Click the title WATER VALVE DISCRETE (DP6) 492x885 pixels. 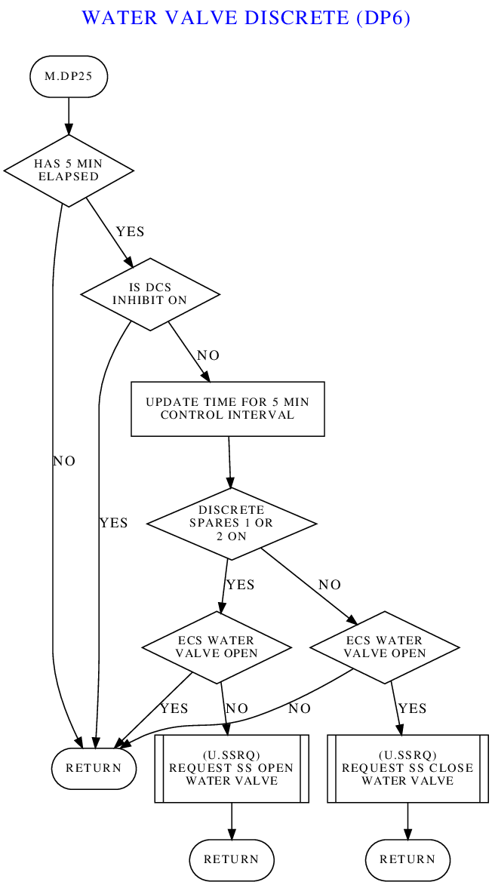coord(246,17)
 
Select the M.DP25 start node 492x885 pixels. coord(69,76)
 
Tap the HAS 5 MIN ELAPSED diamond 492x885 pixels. coord(69,171)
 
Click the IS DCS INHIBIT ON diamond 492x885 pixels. coord(150,293)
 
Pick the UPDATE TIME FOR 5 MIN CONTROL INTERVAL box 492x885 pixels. coord(228,408)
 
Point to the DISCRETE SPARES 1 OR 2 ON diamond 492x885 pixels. coord(232,523)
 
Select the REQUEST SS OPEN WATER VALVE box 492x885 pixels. coord(232,768)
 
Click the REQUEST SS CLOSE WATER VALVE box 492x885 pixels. coord(407,768)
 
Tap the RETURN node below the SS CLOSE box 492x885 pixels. coord(407,859)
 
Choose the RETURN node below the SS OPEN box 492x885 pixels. coord(232,859)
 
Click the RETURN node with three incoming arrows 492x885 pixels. coord(94,768)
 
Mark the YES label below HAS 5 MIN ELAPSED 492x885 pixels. coord(130,232)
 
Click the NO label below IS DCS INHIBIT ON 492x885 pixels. coord(208,355)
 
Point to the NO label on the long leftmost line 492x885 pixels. coord(64,461)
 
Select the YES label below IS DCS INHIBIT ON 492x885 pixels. coord(113,523)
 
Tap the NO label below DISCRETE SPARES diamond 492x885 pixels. coord(330,585)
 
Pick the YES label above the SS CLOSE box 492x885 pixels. coord(412,708)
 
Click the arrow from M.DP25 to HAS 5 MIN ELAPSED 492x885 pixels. coord(69,115)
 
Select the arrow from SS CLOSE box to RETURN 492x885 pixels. coord(407,821)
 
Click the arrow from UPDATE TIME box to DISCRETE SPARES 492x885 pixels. coord(229,461)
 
